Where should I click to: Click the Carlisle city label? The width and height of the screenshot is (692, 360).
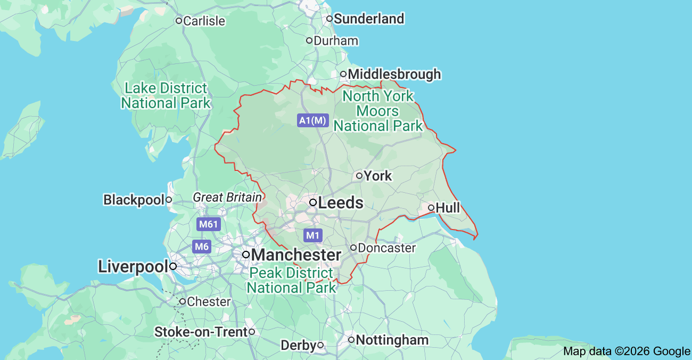[x=204, y=21]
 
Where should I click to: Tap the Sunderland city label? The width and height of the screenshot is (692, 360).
[x=368, y=19]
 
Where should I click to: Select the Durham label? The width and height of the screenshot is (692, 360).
[x=335, y=41]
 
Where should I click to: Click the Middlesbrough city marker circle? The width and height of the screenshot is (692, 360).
[x=343, y=74]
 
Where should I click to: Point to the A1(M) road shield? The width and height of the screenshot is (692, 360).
[x=312, y=120]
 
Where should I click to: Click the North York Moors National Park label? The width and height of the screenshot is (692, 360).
[x=378, y=111]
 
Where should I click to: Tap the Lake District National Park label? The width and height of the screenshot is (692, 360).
[x=166, y=95]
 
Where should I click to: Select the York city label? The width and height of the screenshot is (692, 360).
[x=377, y=176]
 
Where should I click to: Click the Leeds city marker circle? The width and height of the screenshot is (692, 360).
[x=314, y=202]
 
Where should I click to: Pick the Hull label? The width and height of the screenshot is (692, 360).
[x=448, y=208]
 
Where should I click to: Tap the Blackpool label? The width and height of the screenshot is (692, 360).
[x=134, y=200]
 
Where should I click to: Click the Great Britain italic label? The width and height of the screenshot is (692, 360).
[x=227, y=198]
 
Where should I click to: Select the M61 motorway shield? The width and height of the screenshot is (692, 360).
[x=209, y=224]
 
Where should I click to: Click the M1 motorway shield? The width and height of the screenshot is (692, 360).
[x=313, y=235]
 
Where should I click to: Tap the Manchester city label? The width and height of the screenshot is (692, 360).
[x=296, y=255]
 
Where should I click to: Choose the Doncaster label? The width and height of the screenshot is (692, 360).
[x=386, y=248]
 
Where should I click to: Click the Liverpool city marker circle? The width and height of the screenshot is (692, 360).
[x=173, y=267]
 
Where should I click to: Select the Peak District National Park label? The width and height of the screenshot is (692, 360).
[x=291, y=281]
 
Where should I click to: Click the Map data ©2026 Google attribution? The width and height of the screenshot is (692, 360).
[x=627, y=351]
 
